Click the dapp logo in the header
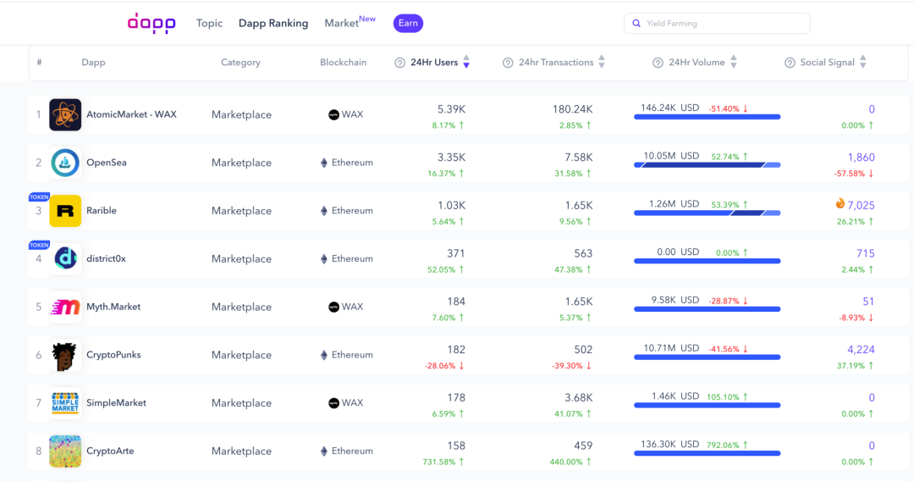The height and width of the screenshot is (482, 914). pos(151,23)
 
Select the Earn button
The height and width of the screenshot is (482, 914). pos(408,24)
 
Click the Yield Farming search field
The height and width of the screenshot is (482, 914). pos(717,24)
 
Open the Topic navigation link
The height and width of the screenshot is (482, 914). pos(209,24)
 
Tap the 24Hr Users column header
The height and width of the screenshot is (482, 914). pos(434,63)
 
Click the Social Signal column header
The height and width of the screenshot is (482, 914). pos(827,63)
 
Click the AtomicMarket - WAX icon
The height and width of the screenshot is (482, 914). pos(65,114)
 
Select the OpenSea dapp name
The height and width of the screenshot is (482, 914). pos(107,163)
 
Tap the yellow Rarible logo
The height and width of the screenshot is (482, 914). pos(65,211)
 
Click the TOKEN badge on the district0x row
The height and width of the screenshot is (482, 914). pos(39,245)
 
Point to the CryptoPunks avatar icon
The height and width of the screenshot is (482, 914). pos(65,355)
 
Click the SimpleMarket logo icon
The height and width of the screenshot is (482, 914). pos(65,402)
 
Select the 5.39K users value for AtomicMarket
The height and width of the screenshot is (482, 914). pos(451,109)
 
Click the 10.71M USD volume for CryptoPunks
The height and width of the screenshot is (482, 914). pos(671,348)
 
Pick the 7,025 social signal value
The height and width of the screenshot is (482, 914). pos(861,205)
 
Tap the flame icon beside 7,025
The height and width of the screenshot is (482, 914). pos(840,203)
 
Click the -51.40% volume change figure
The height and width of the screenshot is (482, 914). pos(724,109)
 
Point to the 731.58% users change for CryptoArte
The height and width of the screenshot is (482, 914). pos(439,463)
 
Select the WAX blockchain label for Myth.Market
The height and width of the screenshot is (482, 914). pos(352,307)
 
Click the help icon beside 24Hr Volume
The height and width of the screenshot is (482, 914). pos(658,63)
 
